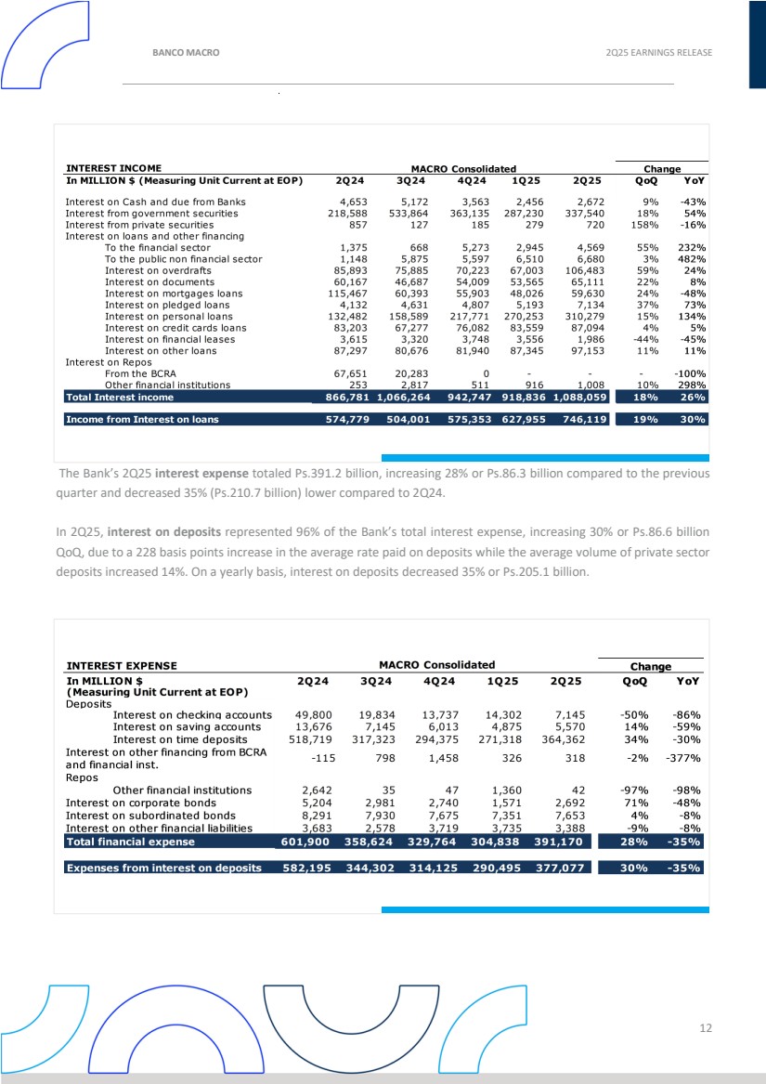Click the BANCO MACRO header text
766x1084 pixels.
tap(186, 52)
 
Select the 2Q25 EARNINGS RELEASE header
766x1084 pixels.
tap(656, 52)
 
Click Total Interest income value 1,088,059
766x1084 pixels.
tap(579, 397)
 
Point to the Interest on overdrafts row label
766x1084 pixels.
tap(158, 270)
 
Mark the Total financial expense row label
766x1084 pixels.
tap(130, 842)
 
